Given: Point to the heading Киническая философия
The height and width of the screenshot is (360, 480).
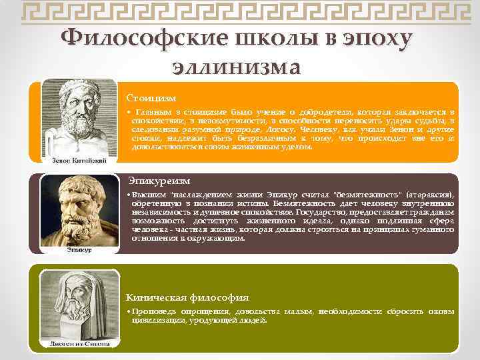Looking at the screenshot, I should (187, 297).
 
